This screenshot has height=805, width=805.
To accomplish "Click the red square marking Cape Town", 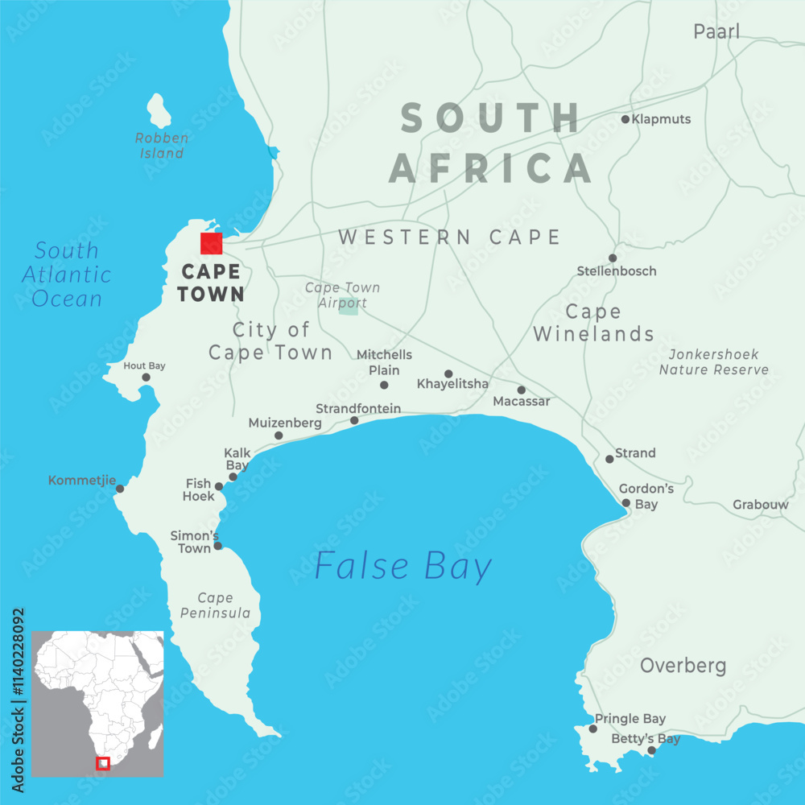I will click(x=211, y=243).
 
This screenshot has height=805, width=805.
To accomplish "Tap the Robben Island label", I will click(x=162, y=145).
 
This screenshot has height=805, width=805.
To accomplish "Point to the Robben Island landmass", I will click(x=159, y=111).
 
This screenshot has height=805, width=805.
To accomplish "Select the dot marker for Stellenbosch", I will click(x=613, y=258).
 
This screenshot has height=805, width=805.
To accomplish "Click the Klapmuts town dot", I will click(x=625, y=119).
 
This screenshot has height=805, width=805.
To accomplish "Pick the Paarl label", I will click(x=716, y=32).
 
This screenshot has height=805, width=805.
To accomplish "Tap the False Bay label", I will click(x=402, y=566).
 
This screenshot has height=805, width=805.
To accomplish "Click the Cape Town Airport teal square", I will click(x=349, y=308).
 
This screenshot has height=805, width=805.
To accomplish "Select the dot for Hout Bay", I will click(x=146, y=377).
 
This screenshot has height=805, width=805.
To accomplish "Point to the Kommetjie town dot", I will click(x=120, y=489).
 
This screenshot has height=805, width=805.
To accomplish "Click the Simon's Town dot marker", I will click(x=217, y=546).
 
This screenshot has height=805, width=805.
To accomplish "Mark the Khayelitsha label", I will click(x=452, y=384).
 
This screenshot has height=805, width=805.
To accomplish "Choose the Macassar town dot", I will click(x=521, y=390).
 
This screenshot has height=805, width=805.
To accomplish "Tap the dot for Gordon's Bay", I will click(x=626, y=503).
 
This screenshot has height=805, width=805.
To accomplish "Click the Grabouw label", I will click(x=760, y=506).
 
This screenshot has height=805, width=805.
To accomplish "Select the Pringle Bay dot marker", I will click(x=593, y=729).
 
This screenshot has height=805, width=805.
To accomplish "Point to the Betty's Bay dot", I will click(x=652, y=750).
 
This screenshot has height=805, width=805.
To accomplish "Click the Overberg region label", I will click(x=683, y=666).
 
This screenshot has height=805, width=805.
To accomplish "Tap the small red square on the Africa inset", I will click(x=102, y=763).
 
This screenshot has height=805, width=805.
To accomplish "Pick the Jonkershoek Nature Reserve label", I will click(x=714, y=362).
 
